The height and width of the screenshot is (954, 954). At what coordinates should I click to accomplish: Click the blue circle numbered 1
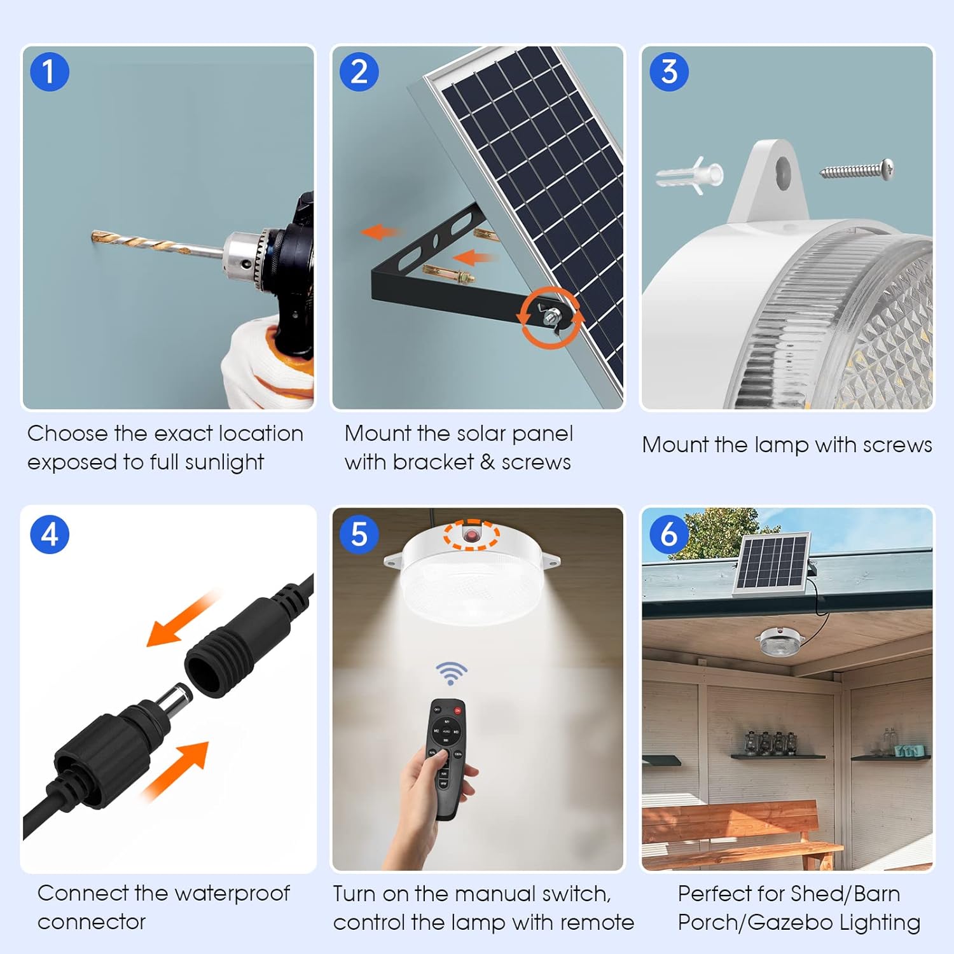[50, 72]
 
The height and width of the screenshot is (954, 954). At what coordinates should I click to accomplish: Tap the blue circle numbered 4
[50, 534]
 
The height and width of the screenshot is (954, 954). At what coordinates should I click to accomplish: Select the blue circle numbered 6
[668, 534]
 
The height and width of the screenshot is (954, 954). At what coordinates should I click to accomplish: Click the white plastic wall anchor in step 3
[690, 175]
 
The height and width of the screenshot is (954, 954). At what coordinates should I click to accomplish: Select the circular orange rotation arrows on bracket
[551, 316]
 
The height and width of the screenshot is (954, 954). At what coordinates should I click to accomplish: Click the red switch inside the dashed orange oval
[471, 535]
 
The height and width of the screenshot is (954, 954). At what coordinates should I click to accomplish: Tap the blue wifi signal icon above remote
[451, 672]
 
